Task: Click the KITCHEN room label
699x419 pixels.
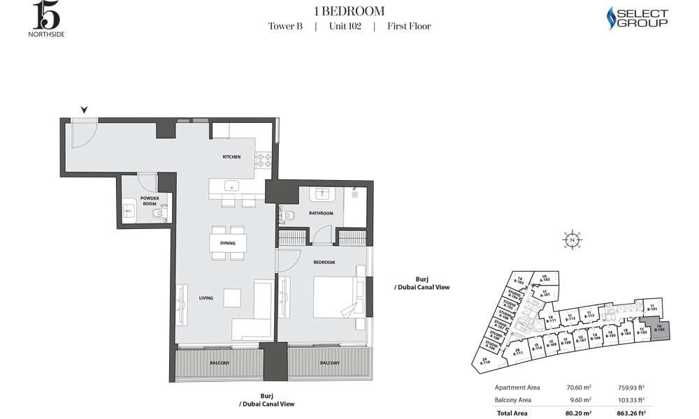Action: (x=231, y=157)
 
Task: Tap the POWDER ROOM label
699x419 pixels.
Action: (x=150, y=200)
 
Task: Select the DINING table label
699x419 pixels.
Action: (x=227, y=244)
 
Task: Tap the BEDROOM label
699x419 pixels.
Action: (x=324, y=262)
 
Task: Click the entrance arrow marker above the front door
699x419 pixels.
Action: (x=84, y=110)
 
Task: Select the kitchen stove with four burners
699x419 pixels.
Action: (x=263, y=161)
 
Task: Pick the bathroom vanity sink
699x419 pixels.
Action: (x=323, y=193)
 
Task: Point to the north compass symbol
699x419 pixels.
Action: (x=572, y=240)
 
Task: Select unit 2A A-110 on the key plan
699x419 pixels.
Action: (x=486, y=360)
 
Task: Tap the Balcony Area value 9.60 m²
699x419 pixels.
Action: (x=582, y=400)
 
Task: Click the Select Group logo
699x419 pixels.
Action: (x=636, y=17)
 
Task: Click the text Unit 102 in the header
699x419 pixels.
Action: (x=344, y=27)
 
